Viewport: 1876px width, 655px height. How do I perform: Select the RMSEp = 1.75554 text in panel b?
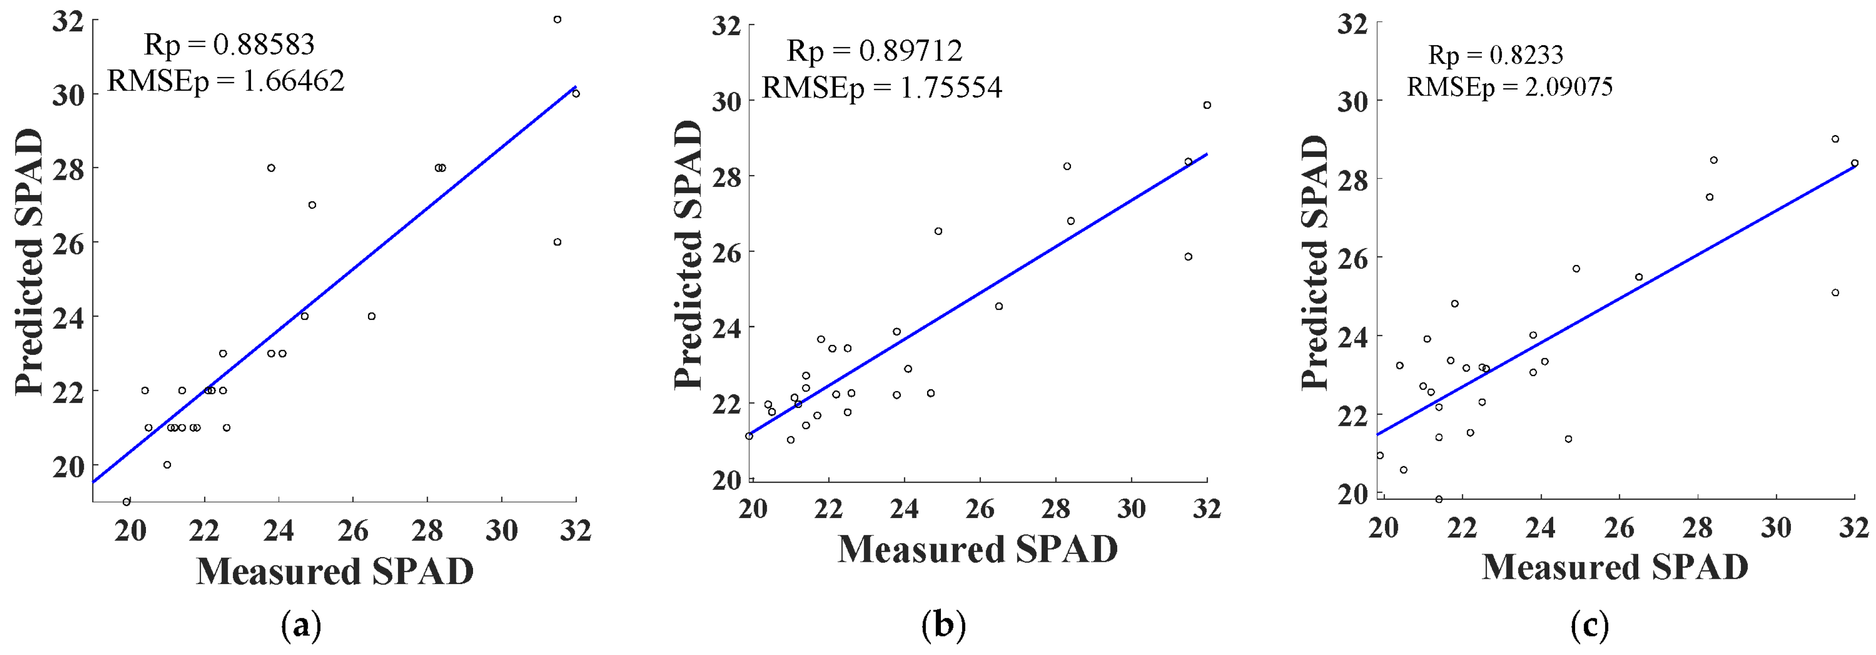[x=882, y=88]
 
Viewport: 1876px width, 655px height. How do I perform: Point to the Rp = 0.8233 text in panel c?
[x=1496, y=55]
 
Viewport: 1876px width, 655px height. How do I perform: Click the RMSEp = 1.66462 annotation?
[x=226, y=81]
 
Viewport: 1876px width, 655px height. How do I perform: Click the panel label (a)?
[x=301, y=626]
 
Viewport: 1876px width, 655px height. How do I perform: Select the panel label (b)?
[x=943, y=626]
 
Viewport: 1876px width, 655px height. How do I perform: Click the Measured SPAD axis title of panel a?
[x=335, y=571]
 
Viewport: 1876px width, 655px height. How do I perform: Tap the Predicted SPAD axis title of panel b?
[x=688, y=255]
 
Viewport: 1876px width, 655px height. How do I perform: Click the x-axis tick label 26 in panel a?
[x=353, y=530]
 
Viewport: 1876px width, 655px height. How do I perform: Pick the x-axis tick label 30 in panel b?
[x=1131, y=508]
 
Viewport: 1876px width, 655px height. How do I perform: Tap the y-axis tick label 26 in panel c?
[x=1353, y=258]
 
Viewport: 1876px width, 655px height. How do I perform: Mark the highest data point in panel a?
[x=557, y=20]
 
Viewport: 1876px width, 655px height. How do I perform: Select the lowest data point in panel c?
[x=1438, y=499]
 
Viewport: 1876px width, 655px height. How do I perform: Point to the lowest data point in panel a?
[x=127, y=501]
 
